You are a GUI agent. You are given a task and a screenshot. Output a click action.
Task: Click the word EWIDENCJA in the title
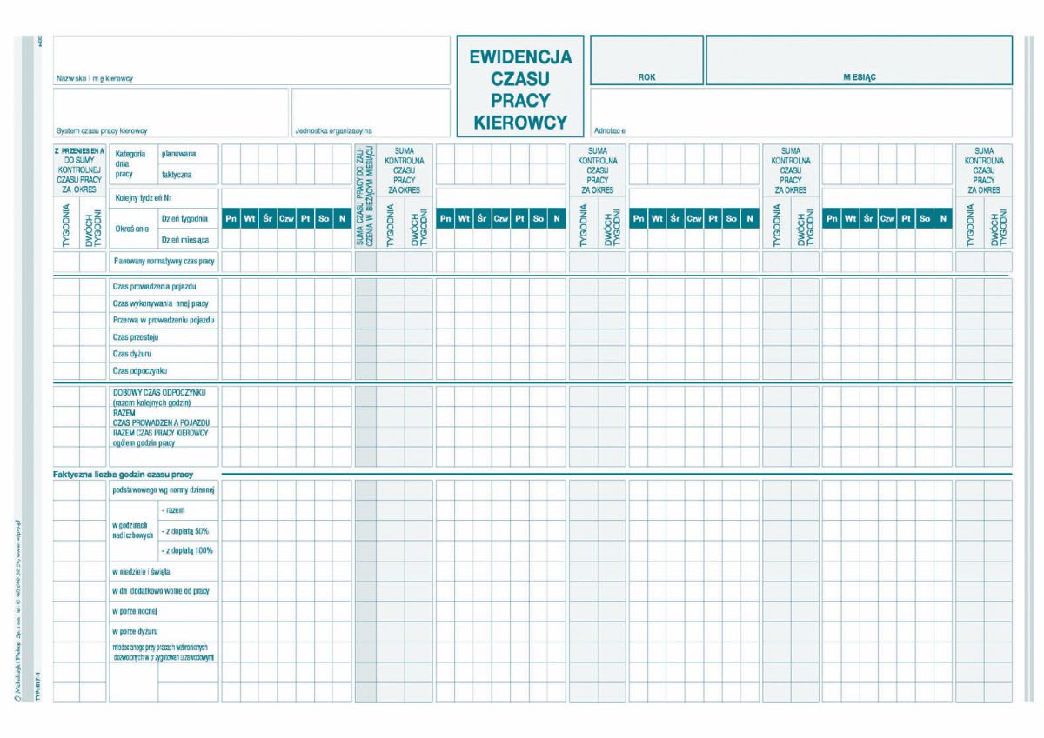520,57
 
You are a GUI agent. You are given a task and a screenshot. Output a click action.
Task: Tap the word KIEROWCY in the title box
520,123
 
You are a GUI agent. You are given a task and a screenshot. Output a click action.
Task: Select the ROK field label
646,77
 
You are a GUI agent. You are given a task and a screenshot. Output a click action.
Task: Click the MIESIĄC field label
859,77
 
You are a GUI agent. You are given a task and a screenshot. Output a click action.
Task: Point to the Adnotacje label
609,131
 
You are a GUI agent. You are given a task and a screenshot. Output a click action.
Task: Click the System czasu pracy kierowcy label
102,131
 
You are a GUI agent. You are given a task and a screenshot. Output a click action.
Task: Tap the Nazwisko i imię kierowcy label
95,78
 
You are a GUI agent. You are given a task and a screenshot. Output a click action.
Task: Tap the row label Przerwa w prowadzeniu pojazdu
164,320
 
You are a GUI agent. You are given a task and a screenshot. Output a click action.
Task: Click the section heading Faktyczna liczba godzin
123,474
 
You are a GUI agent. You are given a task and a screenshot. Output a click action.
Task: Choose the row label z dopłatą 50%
186,530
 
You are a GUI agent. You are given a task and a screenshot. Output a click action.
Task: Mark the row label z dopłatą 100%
188,550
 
